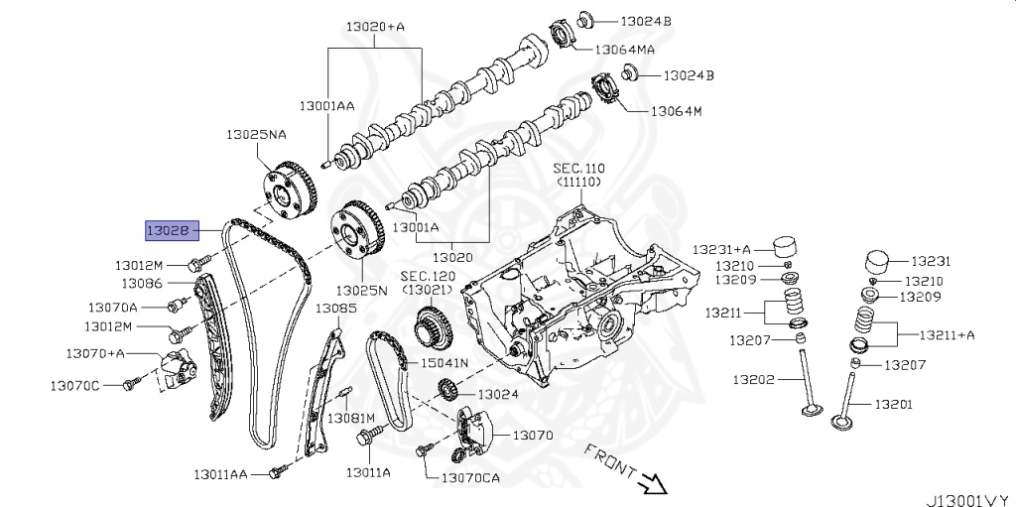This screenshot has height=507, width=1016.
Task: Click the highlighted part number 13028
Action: (172, 231)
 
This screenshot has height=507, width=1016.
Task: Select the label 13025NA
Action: (255, 133)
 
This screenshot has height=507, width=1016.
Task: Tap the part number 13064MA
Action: (624, 48)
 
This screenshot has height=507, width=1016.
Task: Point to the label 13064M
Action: (676, 110)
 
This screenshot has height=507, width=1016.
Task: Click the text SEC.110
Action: (578, 169)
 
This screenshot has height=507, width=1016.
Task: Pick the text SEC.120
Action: (427, 275)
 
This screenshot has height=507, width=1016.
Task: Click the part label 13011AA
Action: (220, 474)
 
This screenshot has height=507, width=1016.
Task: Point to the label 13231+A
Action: (721, 249)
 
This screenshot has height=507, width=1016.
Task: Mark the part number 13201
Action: (893, 404)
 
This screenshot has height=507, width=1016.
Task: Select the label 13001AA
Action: (326, 104)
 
